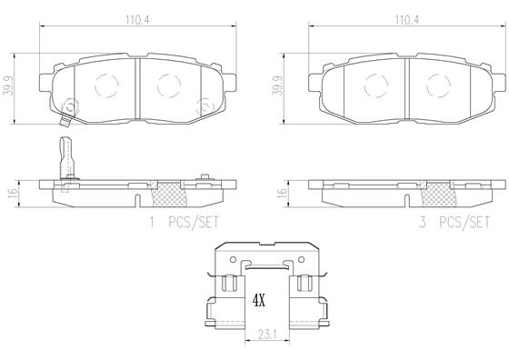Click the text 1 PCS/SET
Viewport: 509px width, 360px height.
(186, 221)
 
